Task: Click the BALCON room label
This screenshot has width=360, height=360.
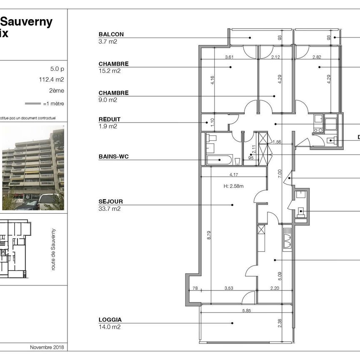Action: (x=111, y=35)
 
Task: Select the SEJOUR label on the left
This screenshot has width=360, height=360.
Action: (x=111, y=202)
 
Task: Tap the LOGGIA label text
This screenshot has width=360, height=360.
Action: (x=110, y=320)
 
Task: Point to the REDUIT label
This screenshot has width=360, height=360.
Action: (x=110, y=120)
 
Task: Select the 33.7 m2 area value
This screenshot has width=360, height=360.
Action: (x=110, y=209)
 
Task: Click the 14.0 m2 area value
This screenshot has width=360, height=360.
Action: (x=109, y=327)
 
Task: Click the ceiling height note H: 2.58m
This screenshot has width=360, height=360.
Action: (x=233, y=186)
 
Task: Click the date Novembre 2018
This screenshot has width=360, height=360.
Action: (x=47, y=347)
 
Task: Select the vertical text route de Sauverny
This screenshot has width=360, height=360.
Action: (x=53, y=249)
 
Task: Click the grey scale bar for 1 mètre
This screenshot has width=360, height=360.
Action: (x=33, y=103)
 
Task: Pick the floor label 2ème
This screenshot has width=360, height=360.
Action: (x=57, y=90)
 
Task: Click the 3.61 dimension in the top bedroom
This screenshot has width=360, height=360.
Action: (x=229, y=57)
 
